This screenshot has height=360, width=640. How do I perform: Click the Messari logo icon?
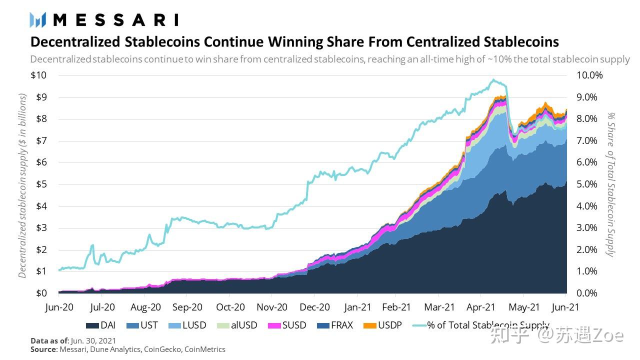point(38,20)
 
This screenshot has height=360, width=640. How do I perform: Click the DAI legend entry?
point(100,325)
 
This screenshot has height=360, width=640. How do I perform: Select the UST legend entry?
point(142,325)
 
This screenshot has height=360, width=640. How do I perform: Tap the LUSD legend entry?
point(187,325)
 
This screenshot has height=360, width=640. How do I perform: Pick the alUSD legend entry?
point(237,325)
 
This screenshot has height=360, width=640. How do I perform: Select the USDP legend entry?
point(382,325)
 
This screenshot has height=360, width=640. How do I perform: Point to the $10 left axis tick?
point(38,75)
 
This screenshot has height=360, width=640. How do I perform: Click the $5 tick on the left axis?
point(41,184)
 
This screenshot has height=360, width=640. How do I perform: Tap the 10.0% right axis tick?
point(590,75)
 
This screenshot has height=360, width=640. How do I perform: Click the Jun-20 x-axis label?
point(59,307)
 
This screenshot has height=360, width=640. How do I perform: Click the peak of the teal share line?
point(493,79)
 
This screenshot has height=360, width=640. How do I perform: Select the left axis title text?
point(22,185)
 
